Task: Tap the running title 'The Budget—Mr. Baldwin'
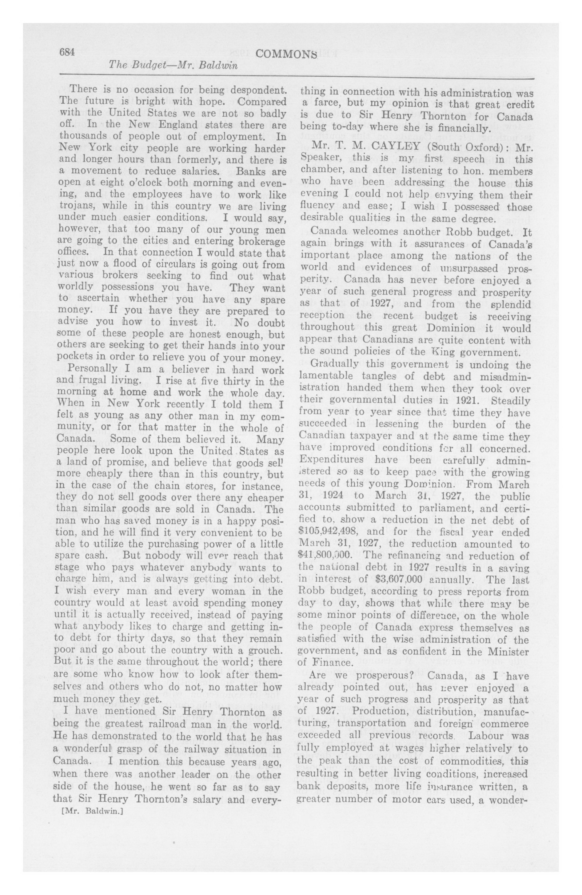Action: coord(173,66)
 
